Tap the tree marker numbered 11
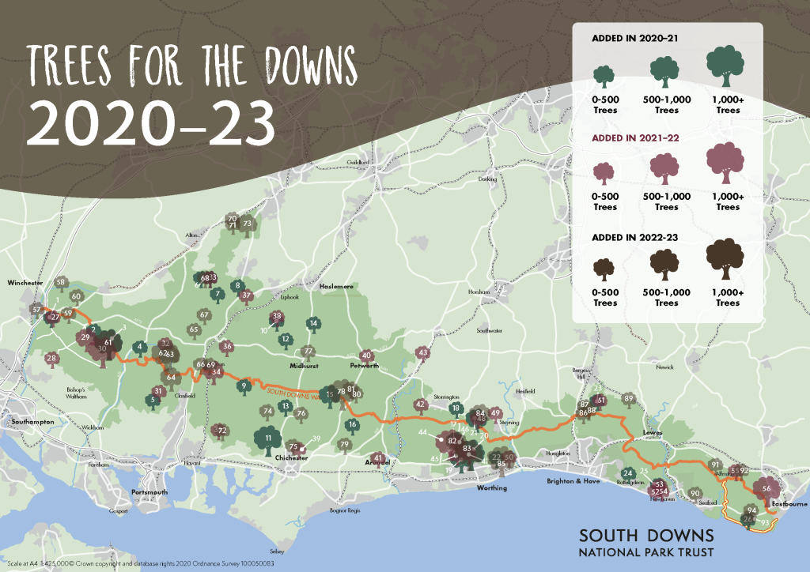(x=268, y=438)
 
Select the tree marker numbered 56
(x=766, y=489)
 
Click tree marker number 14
(x=313, y=323)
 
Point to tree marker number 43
(x=423, y=352)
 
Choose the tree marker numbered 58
(x=61, y=282)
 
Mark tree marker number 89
(x=629, y=399)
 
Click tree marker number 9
(x=244, y=386)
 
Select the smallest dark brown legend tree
(x=605, y=269)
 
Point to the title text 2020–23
(x=150, y=121)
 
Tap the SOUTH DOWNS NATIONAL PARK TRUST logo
(x=647, y=541)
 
